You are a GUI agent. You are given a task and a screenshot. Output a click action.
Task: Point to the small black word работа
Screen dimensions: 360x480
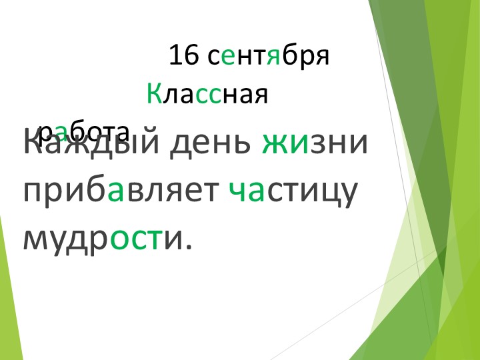(83, 131)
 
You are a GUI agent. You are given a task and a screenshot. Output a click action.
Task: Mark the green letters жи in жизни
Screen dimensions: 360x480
(285, 143)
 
